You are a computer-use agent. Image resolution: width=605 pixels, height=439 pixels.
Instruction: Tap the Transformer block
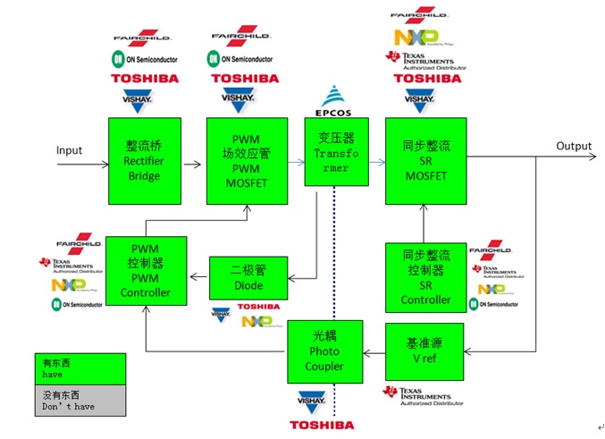[x=336, y=152]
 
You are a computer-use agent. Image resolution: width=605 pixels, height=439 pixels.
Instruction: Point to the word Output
[x=574, y=146]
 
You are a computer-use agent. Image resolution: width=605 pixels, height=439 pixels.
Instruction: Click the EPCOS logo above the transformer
[x=336, y=103]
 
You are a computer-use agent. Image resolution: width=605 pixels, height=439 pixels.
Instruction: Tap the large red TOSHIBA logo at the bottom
[x=322, y=425]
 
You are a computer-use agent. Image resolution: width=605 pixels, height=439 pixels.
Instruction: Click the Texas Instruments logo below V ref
[x=424, y=395]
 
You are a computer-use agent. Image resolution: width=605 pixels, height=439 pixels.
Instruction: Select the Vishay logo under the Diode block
[x=222, y=315]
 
